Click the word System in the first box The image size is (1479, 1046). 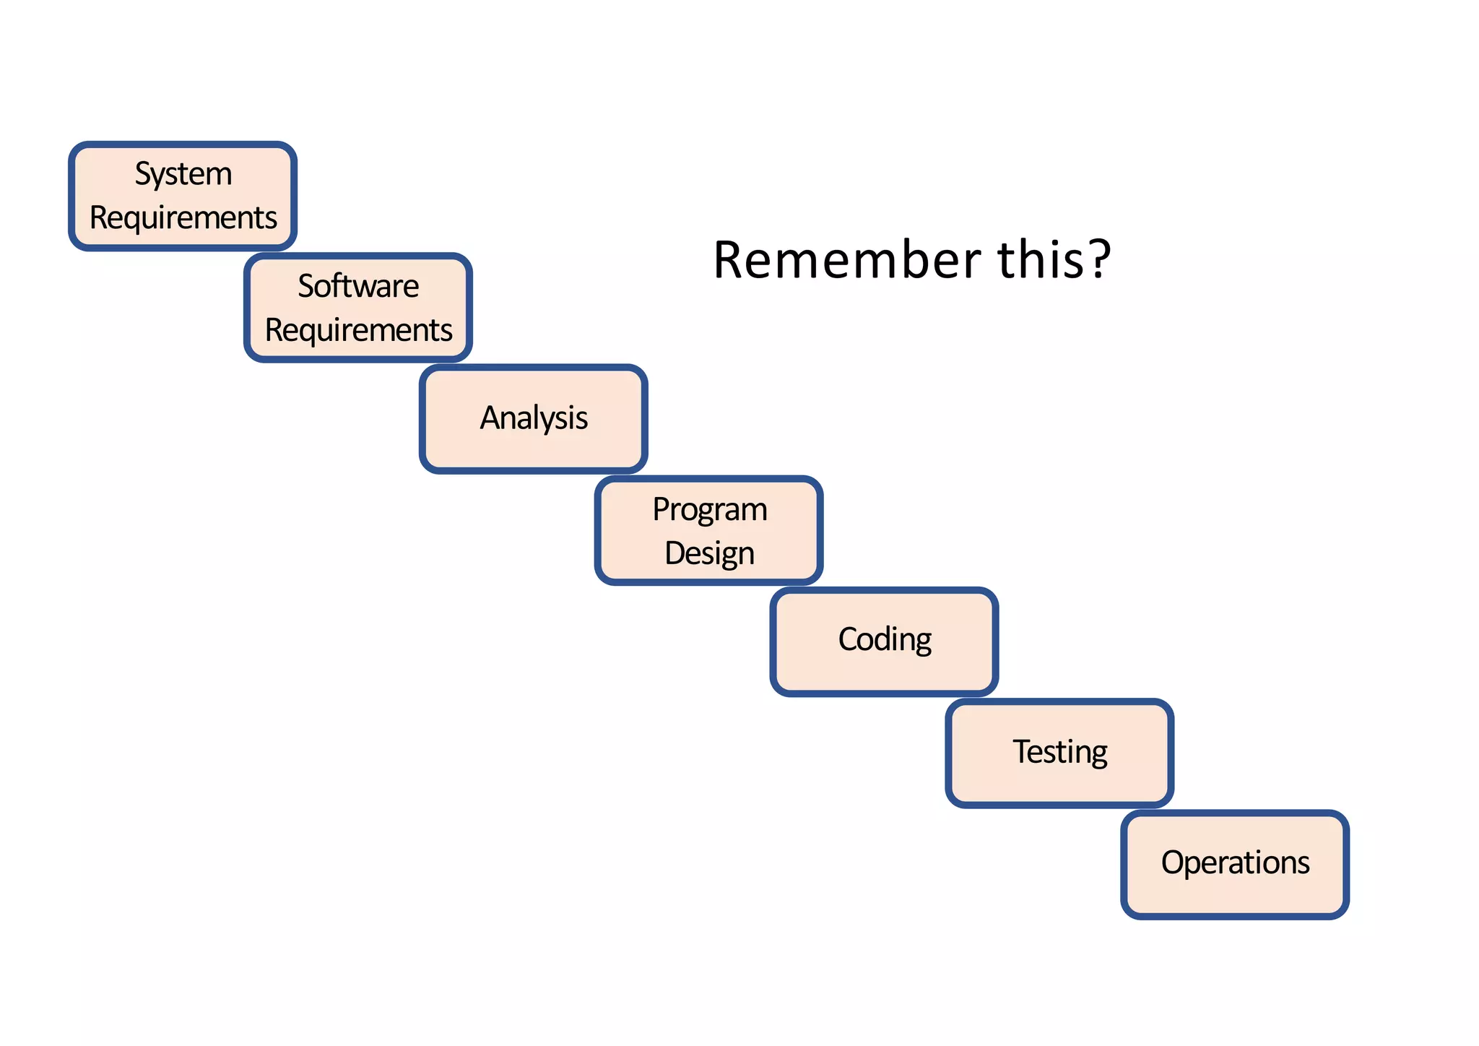[x=183, y=174]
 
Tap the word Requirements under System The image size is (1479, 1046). [x=183, y=218]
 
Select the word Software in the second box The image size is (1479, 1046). [x=358, y=286]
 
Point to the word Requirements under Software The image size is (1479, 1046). [x=358, y=330]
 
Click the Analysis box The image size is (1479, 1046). [x=534, y=419]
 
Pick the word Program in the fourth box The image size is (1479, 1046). [x=710, y=509]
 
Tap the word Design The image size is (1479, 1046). [x=709, y=554]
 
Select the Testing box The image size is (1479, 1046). [x=1059, y=753]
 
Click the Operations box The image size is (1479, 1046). [x=1235, y=864]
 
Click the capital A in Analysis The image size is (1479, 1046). [x=490, y=418]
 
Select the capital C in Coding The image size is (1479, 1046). [x=848, y=639]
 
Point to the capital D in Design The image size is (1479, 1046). [x=675, y=553]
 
